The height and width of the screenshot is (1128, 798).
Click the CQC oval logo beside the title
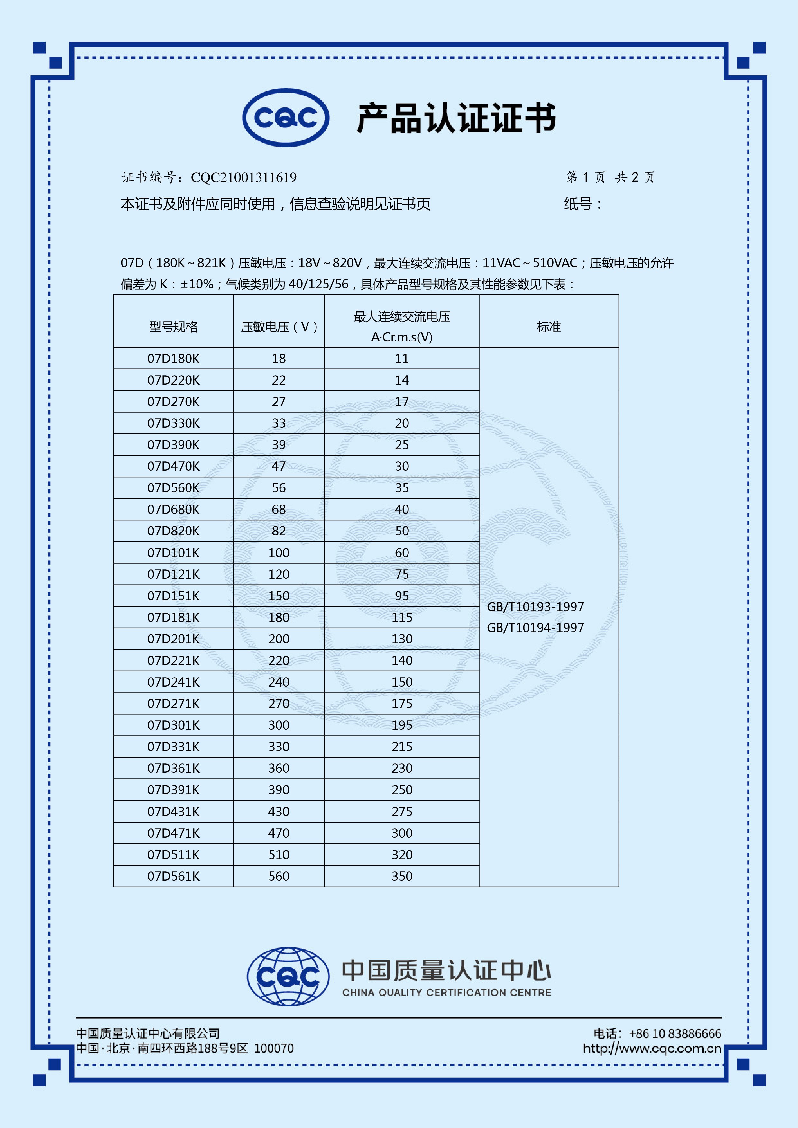coord(286,118)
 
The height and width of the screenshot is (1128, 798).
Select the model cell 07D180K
coord(173,359)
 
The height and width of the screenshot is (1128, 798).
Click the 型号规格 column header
coord(173,327)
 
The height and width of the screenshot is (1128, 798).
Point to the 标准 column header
coord(548,327)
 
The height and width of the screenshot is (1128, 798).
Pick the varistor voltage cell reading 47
coord(279,466)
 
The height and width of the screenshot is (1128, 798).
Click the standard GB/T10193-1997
coord(535,607)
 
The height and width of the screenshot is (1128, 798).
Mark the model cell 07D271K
coord(173,704)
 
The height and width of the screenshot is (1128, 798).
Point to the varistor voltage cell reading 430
coord(279,811)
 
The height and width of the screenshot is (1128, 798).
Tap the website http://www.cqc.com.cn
coord(652,1048)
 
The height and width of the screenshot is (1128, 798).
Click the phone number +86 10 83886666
coord(675,1034)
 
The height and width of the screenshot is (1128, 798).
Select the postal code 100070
coord(274,1048)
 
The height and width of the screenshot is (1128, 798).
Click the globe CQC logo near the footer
coord(288,976)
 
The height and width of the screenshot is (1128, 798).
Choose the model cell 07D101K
coord(173,553)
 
